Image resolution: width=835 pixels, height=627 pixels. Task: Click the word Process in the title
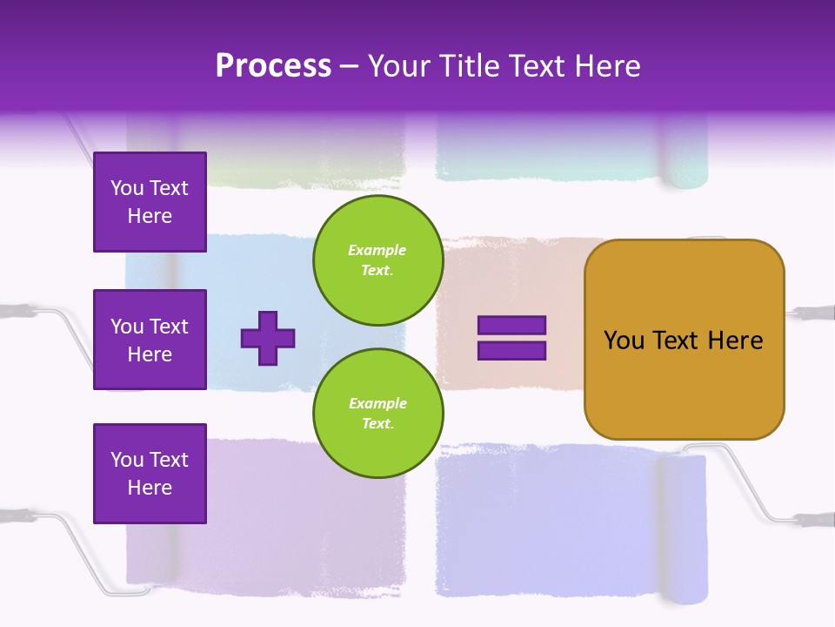tap(273, 65)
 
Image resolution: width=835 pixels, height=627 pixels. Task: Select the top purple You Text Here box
tap(150, 202)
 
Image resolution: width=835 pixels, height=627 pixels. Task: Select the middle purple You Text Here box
tap(150, 340)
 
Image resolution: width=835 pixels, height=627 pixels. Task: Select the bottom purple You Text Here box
tap(150, 474)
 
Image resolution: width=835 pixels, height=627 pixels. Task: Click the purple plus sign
tap(268, 338)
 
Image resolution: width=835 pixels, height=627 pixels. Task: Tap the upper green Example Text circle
tap(377, 260)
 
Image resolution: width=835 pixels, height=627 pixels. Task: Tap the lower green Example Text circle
tap(377, 414)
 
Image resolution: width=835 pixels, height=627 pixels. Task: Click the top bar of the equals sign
tap(511, 325)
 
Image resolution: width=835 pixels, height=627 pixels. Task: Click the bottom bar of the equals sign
tap(511, 351)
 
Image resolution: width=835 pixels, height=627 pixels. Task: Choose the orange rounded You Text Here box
tap(684, 383)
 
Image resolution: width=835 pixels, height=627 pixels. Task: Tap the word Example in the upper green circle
tap(377, 250)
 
